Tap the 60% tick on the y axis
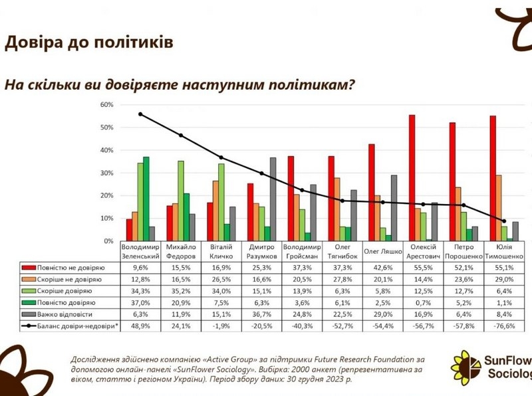[106, 105]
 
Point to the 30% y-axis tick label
[106, 173]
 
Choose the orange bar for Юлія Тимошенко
[498, 207]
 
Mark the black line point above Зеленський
[140, 114]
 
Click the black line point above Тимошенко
[504, 221]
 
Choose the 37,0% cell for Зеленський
[140, 304]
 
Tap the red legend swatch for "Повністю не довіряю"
[29, 267]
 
